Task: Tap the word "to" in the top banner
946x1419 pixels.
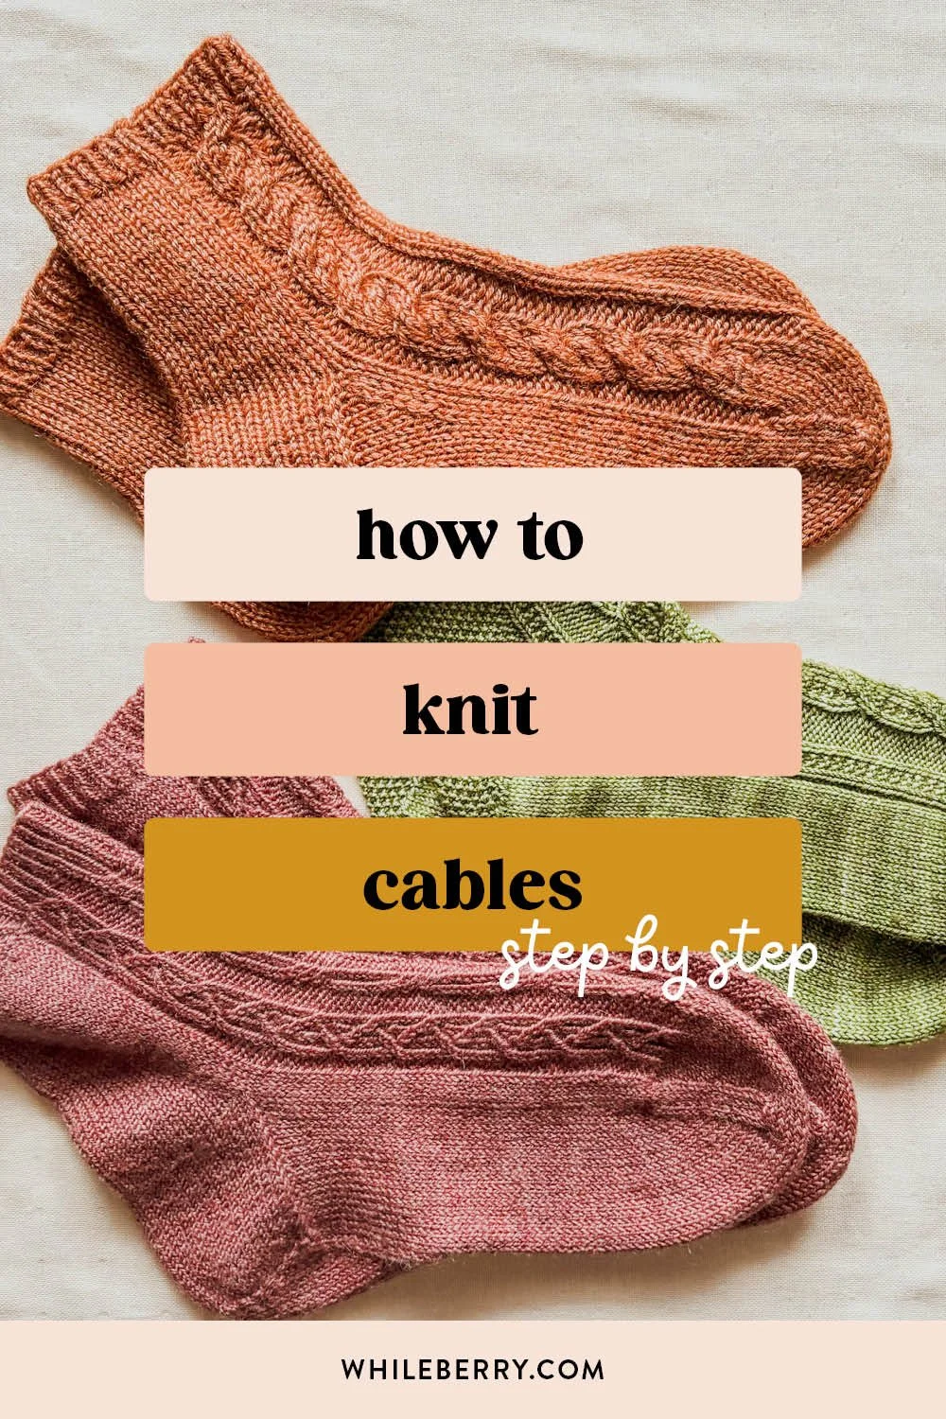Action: coord(549,535)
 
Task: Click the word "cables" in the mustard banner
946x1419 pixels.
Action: coord(472,885)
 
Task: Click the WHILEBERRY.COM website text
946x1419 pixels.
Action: coord(472,1369)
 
